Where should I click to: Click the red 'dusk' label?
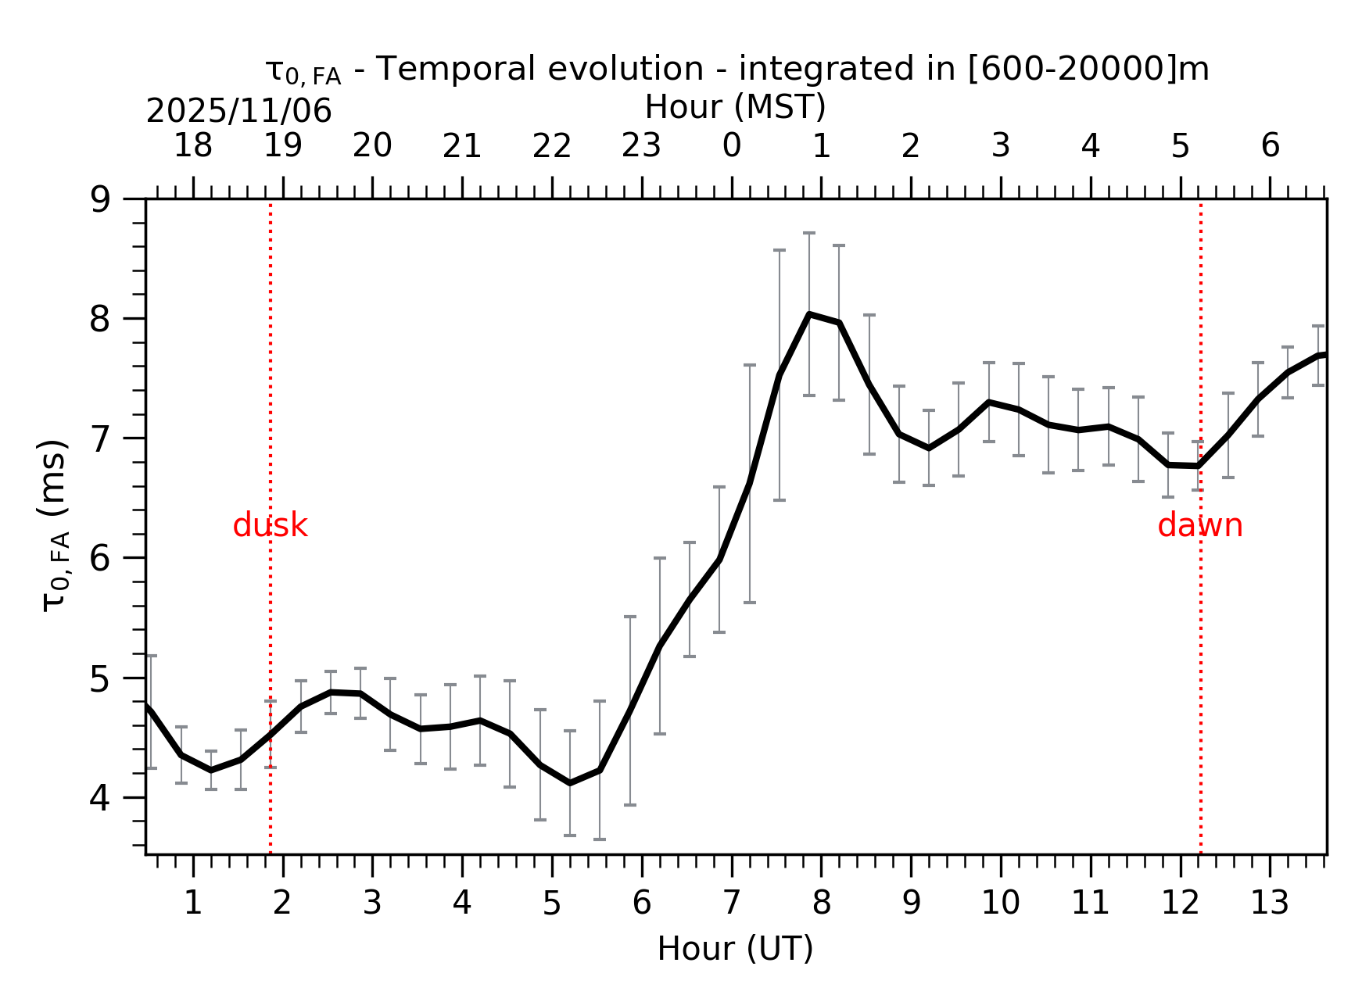tap(270, 526)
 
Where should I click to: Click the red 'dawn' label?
tap(1199, 526)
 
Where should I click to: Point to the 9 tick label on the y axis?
tap(101, 200)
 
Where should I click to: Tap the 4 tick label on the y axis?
tap(101, 798)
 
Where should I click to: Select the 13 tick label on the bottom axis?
tap(1269, 904)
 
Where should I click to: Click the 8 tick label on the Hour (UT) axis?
tap(821, 904)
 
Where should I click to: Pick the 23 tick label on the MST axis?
tap(641, 145)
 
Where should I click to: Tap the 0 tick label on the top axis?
tap(731, 145)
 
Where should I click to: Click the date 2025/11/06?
tap(238, 112)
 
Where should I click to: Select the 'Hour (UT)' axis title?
tap(735, 949)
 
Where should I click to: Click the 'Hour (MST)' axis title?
tap(735, 107)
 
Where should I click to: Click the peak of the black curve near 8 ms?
tap(809, 314)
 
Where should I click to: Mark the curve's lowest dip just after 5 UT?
tap(569, 783)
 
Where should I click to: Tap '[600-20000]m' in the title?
tap(1088, 70)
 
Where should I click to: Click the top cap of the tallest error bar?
tap(809, 233)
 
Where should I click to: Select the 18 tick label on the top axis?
tap(192, 145)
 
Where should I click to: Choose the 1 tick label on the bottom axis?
tap(192, 904)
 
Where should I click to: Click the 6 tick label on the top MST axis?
tap(1270, 145)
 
